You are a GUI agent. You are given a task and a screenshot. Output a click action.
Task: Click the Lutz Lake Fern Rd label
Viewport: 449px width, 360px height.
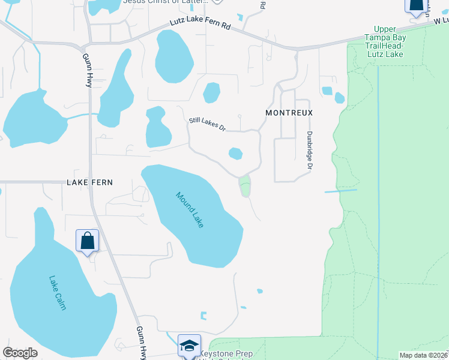point(201,26)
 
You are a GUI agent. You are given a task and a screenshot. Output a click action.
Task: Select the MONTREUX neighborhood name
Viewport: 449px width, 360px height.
point(290,113)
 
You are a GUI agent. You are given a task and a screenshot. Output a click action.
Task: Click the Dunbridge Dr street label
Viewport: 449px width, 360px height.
point(310,150)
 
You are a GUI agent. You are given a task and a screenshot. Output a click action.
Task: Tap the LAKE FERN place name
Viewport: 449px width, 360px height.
point(90,182)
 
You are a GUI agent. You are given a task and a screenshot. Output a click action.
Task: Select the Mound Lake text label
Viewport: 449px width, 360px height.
point(190,209)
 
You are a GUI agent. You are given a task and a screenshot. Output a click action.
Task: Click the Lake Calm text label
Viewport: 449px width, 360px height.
point(58,292)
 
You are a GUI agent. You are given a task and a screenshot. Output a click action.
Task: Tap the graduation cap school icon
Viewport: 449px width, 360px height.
point(189,346)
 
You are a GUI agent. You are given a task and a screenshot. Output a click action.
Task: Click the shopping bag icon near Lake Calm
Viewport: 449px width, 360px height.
point(88,241)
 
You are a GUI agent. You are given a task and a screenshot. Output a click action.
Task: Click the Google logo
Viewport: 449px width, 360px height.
point(20,352)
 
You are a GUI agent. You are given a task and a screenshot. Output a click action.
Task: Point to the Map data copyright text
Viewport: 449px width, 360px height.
point(423,355)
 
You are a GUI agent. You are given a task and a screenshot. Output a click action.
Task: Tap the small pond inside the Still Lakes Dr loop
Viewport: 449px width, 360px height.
point(235,154)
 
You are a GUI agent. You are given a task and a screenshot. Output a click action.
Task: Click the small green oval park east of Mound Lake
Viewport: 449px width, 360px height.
point(245,187)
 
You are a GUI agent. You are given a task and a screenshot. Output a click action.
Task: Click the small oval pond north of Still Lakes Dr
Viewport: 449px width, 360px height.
point(211,93)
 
